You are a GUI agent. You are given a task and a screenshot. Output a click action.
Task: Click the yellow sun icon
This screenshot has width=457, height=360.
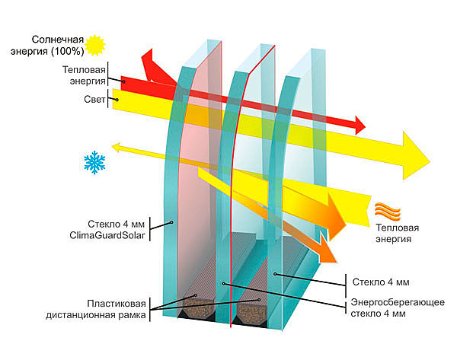coord(94,45)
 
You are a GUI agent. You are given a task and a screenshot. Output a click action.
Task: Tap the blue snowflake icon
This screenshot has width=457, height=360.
coord(94,162)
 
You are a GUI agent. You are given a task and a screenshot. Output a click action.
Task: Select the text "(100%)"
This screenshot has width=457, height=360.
coord(67,51)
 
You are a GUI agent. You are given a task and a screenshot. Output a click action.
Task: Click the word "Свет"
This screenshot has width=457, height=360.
coord(94,99)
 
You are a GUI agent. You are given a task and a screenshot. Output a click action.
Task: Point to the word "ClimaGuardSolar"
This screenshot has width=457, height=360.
coord(107,235)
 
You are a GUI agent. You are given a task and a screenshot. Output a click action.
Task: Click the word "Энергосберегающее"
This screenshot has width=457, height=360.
coord(398,302)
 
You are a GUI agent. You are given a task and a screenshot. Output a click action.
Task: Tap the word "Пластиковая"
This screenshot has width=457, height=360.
coord(117,304)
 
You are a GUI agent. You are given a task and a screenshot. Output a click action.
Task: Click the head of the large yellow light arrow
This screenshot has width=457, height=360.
coord(416,156)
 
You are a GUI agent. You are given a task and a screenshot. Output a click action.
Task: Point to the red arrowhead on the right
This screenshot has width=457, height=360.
coord(360,125)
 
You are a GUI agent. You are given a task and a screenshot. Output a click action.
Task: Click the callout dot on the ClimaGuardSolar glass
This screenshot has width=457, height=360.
coord(171,222)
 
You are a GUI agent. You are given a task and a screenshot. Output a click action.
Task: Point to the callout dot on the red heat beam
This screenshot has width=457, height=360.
coord(123,82)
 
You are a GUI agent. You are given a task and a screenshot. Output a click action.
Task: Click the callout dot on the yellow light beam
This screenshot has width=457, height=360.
coord(117,100)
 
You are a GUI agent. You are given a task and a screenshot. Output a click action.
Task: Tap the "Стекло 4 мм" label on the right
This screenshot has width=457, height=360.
coord(381,282)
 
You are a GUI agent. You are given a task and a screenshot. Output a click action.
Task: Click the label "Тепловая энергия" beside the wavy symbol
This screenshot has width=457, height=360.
coord(397,234)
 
